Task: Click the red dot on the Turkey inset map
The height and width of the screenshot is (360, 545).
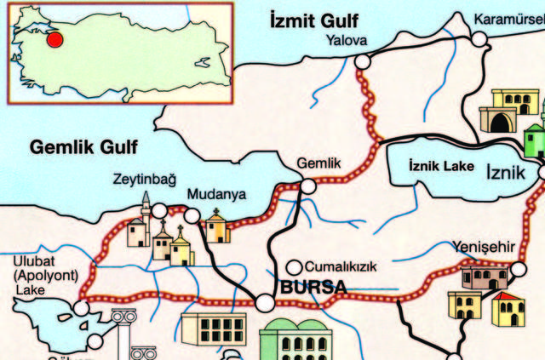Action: pos(54,39)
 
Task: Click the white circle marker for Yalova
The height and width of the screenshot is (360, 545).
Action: pos(364,60)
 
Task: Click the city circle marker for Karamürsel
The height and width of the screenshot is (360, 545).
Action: pos(479,38)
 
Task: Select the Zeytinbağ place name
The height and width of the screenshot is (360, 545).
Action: pos(144,180)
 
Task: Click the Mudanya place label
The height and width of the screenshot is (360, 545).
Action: pos(216,194)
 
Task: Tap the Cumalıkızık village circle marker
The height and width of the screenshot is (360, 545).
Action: pos(294,266)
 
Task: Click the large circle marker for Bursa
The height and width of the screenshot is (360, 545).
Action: pos(266,302)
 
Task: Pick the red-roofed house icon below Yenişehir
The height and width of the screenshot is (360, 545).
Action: pos(508,309)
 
